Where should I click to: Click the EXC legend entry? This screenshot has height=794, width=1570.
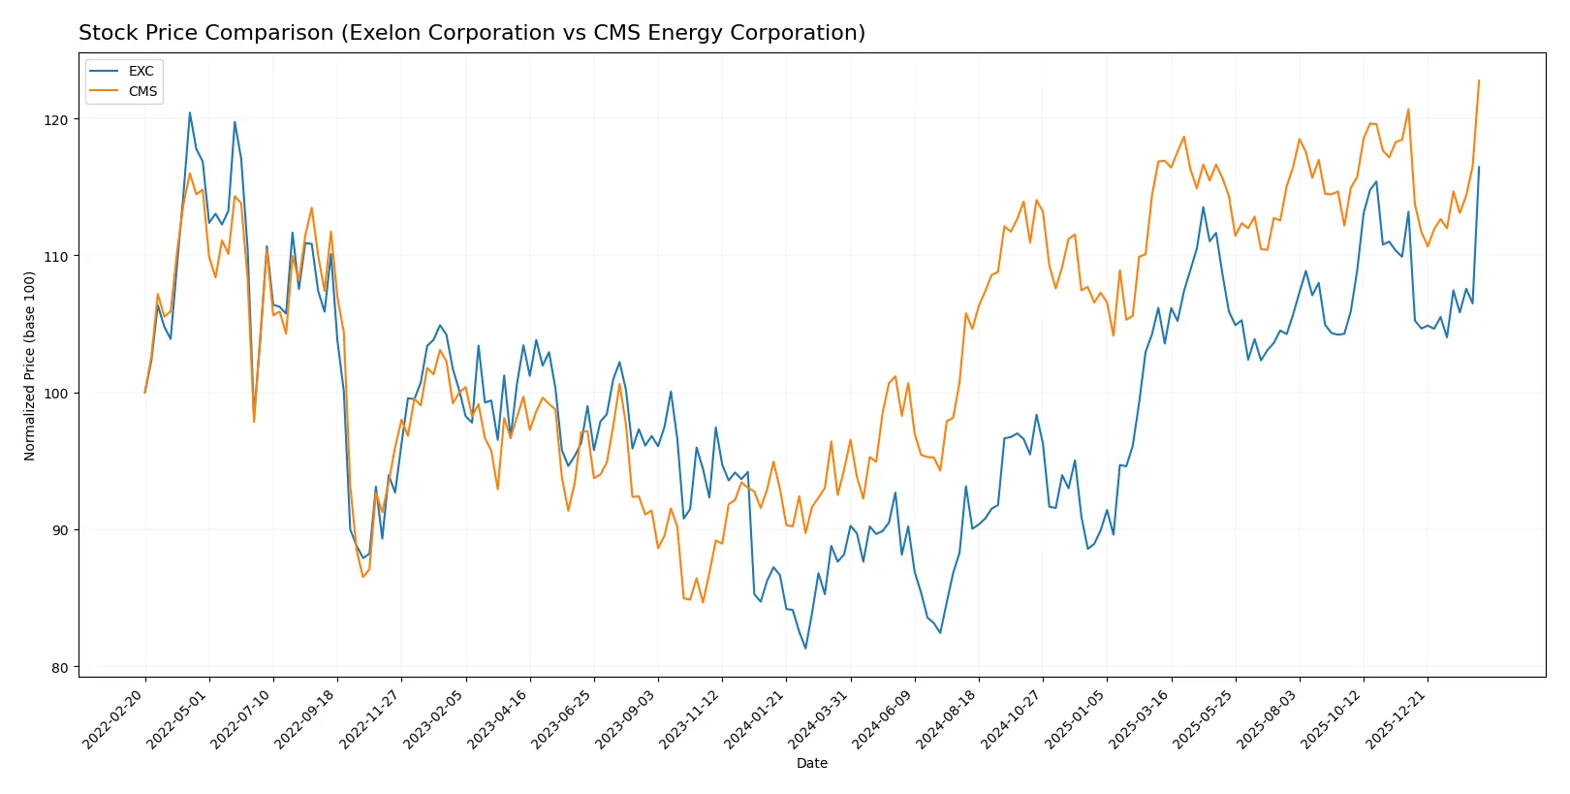pos(141,71)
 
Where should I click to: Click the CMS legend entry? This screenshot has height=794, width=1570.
pos(142,91)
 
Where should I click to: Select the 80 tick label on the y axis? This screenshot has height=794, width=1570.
pos(60,667)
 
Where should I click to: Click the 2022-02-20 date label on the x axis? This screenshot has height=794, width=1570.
pos(115,718)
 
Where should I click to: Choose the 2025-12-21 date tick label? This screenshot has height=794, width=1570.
pos(1397,718)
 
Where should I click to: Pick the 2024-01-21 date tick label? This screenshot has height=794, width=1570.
pos(756,718)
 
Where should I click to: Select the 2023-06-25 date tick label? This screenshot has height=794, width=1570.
pos(563,718)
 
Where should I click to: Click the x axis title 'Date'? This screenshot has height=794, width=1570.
pos(811,763)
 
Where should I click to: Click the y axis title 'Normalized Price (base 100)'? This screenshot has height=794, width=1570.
pos(30,365)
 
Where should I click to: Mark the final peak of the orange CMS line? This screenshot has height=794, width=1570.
pos(1479,80)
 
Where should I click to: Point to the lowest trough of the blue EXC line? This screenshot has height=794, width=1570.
pos(805,649)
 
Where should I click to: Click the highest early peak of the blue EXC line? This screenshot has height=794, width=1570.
pos(190,112)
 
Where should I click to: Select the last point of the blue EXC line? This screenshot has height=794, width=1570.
pos(1479,167)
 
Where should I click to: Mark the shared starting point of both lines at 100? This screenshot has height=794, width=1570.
pos(145,393)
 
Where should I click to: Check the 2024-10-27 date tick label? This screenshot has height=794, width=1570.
pos(1013,718)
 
